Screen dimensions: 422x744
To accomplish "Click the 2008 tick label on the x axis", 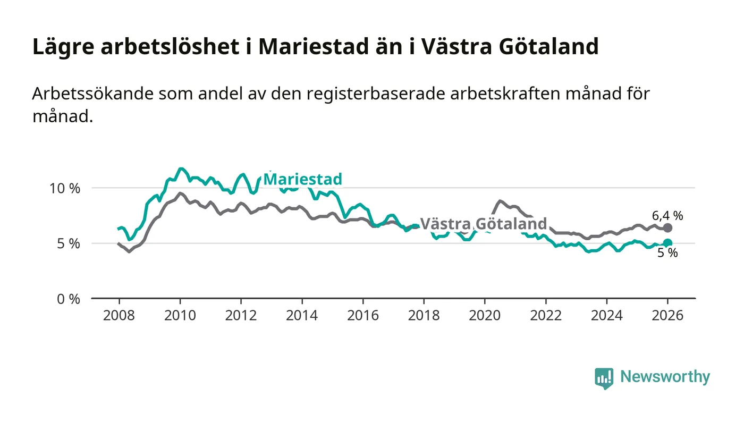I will (x=119, y=315).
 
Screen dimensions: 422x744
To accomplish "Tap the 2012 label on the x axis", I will (x=241, y=315).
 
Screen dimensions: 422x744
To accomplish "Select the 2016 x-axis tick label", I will (x=362, y=315).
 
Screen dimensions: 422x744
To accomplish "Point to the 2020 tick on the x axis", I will (x=485, y=315).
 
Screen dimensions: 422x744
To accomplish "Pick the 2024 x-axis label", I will (x=607, y=315).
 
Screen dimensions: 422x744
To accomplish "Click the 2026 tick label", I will (x=668, y=315).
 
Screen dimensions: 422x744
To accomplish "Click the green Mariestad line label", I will (x=302, y=179).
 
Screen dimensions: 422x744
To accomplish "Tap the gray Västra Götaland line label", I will (x=484, y=223).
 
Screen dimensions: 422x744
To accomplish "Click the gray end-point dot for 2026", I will (x=668, y=227).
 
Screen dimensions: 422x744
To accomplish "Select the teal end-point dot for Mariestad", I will (x=668, y=243).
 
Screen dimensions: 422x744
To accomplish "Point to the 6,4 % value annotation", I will (x=667, y=215).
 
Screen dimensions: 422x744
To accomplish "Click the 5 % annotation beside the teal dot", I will (x=667, y=254).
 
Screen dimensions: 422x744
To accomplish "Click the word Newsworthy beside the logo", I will (x=665, y=377).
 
